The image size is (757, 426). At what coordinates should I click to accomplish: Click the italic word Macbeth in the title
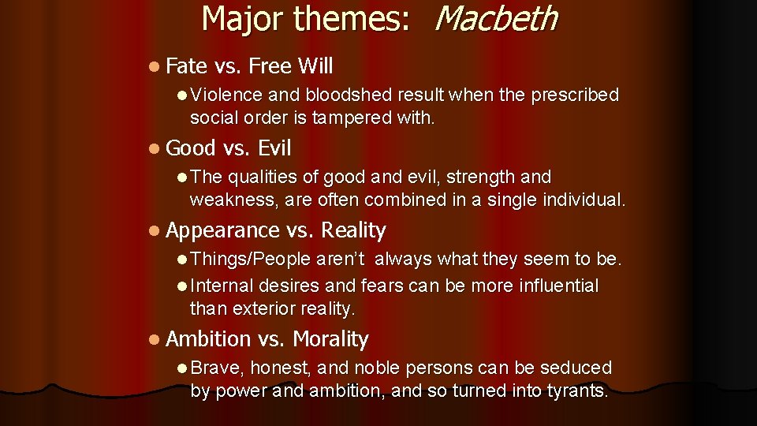click(495, 18)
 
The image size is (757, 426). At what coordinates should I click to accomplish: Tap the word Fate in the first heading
click(186, 65)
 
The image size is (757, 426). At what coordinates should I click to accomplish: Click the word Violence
click(227, 95)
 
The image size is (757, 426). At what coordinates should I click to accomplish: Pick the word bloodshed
click(348, 95)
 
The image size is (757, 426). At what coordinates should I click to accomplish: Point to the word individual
click(582, 200)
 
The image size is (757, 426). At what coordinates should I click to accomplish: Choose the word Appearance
click(223, 230)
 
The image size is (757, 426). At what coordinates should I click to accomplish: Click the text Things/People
click(251, 260)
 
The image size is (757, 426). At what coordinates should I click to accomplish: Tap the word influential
click(558, 286)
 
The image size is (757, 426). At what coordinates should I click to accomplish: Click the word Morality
click(330, 339)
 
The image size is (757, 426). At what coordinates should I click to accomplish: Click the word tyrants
click(574, 390)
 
